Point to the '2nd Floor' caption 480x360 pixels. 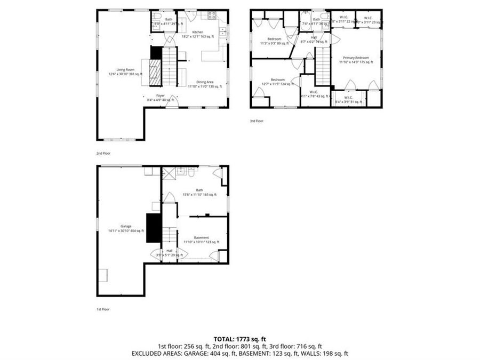103,153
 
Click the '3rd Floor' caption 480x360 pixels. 257,121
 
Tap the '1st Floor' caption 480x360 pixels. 103,309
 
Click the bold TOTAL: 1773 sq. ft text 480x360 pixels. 239,339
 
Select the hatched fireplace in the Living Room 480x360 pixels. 155,72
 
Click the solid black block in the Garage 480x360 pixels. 154,228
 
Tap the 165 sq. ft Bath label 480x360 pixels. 199,192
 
